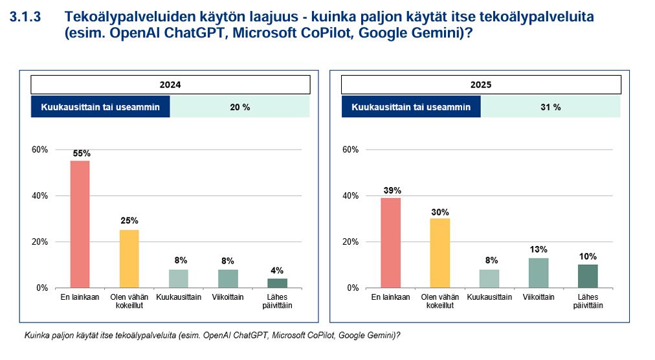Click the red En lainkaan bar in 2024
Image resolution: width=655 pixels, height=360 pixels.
[80, 224]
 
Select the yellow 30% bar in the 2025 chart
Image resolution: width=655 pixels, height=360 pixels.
[439, 253]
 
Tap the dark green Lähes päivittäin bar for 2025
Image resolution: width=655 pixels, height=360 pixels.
[588, 276]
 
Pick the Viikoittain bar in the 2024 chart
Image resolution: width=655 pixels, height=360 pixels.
[228, 278]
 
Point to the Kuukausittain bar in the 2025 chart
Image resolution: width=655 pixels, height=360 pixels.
[489, 278]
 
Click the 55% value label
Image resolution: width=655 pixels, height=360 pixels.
[82, 153]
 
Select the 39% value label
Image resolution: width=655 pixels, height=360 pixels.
[392, 190]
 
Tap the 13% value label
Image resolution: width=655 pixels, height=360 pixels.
[538, 249]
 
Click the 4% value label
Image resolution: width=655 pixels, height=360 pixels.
[277, 271]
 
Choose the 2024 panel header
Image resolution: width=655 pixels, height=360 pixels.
[170, 85]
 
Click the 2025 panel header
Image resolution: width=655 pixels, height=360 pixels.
[481, 85]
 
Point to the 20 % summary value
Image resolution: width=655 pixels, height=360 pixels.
[239, 107]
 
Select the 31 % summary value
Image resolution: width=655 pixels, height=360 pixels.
[550, 107]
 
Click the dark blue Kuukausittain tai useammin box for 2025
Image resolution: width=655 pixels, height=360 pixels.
[411, 107]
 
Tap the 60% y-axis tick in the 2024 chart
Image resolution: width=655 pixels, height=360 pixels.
[40, 150]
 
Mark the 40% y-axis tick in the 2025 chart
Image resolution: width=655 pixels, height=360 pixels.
[350, 196]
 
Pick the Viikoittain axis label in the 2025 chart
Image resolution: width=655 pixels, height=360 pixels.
[538, 297]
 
